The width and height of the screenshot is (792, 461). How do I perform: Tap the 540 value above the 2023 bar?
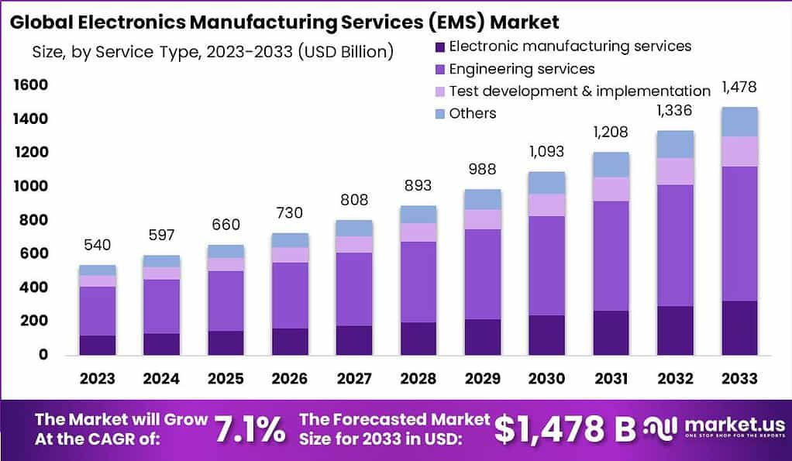(98, 245)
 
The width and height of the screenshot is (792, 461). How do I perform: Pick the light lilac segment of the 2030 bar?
(546, 205)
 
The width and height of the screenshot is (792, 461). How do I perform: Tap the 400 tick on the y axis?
(34, 287)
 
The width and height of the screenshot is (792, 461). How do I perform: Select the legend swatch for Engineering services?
(439, 69)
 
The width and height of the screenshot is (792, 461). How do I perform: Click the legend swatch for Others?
(439, 113)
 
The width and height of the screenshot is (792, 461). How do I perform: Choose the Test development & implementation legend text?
(580, 91)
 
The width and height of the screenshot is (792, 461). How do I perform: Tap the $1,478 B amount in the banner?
(565, 428)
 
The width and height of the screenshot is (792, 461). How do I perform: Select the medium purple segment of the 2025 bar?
(225, 301)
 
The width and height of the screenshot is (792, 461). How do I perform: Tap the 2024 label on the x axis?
(161, 378)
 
